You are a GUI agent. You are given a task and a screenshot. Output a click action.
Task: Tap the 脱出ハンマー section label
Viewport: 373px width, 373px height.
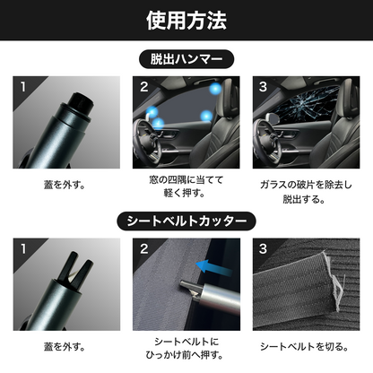pos(186,60)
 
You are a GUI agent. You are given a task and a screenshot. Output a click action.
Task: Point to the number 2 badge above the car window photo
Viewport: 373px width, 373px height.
pos(143,88)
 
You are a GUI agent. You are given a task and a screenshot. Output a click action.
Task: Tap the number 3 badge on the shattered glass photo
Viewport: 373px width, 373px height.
pos(263,88)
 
